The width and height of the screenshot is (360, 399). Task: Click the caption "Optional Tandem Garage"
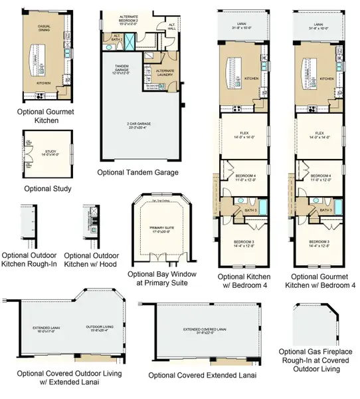tap(137, 172)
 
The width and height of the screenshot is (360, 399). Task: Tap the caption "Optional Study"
tap(47, 189)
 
